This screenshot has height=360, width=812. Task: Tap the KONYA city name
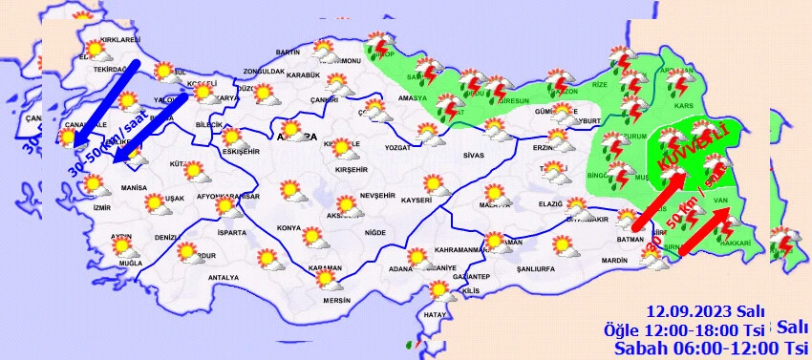(288, 229)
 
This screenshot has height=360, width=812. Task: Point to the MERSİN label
(337, 300)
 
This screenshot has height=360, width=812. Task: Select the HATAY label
(436, 314)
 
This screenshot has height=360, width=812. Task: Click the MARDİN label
(615, 260)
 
